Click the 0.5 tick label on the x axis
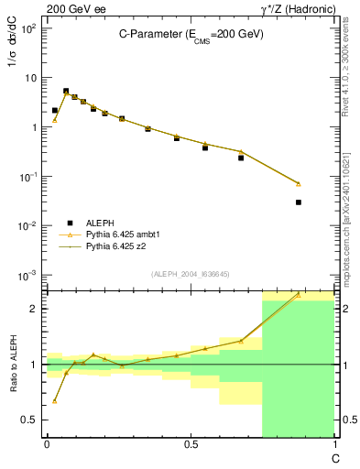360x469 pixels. click(x=191, y=444)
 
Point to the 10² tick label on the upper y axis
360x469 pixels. click(x=30, y=28)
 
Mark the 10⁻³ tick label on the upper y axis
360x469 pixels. click(x=30, y=275)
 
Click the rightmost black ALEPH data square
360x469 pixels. click(x=299, y=202)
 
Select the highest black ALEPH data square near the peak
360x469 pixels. click(x=66, y=92)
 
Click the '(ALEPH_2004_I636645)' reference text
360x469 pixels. click(x=190, y=273)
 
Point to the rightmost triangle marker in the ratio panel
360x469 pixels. click(x=299, y=295)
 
